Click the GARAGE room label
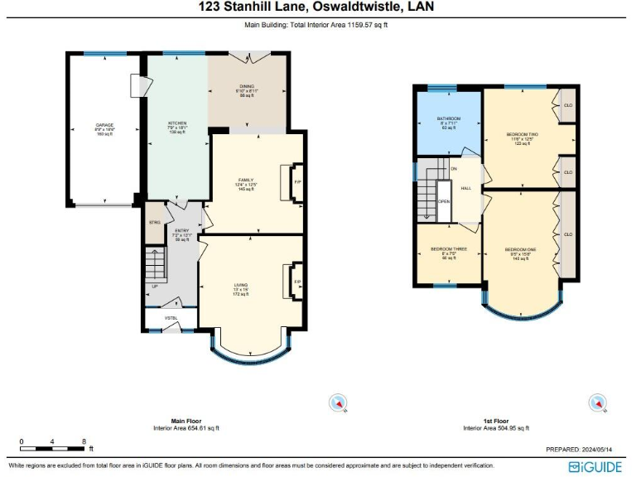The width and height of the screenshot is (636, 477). point(104,126)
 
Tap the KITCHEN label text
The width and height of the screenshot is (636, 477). point(177,123)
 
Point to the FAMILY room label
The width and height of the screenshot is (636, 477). point(245,180)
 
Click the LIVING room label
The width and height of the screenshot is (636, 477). point(240,285)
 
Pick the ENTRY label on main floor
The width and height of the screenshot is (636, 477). point(181,231)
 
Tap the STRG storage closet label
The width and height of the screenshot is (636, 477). point(154,223)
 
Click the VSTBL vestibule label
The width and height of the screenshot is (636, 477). point(171,317)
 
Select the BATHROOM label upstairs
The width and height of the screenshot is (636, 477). point(449,119)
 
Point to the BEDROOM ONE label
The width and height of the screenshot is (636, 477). point(520,249)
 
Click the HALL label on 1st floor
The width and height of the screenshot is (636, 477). point(466,189)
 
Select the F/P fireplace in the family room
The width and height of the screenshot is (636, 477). point(297,182)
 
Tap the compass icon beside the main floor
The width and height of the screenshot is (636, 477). point(338,403)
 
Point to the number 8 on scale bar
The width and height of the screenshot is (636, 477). point(84,441)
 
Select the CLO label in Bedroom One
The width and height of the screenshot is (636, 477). point(568,234)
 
